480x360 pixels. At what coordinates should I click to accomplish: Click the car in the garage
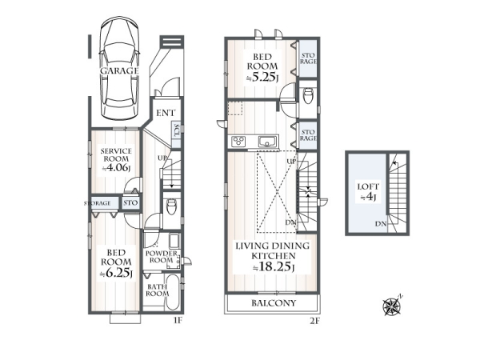120,70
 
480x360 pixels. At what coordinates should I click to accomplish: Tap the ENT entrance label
166,113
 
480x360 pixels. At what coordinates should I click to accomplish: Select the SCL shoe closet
176,134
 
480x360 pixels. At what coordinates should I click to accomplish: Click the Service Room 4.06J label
116,159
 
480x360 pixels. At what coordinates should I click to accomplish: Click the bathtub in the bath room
173,291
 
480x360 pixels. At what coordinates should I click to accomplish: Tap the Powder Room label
162,257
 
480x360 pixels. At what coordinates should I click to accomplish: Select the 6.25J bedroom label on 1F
116,262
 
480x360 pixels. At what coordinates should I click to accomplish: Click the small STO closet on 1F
130,202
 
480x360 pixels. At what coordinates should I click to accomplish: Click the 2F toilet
308,96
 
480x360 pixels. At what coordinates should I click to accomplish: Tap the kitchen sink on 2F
268,142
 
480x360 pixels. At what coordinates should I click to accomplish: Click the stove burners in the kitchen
238,142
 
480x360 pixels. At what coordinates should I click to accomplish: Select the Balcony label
274,303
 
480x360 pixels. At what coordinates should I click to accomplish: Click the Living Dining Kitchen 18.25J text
272,257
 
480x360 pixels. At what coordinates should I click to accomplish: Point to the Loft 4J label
368,192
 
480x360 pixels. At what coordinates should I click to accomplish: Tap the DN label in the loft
381,224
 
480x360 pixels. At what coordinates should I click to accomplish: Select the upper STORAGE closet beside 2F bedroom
308,58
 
